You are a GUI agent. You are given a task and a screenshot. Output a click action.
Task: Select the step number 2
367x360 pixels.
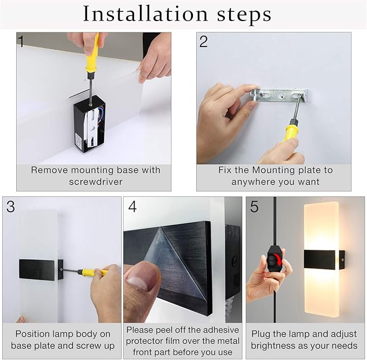pyautogui.click(x=203, y=42)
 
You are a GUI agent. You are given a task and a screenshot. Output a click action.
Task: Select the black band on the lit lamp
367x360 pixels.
pyautogui.click(x=319, y=262)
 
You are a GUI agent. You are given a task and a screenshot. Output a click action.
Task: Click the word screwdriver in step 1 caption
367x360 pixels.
pyautogui.click(x=95, y=182)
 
